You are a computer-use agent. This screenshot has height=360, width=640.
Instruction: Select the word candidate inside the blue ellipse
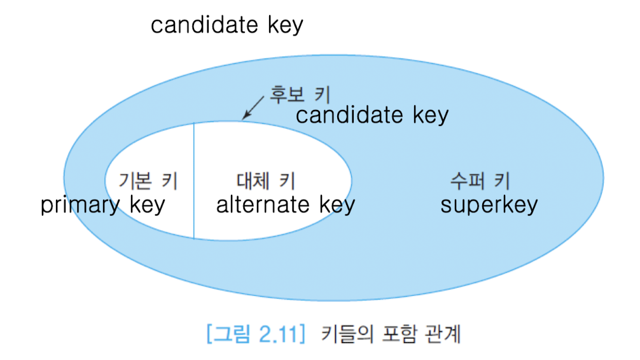(349, 115)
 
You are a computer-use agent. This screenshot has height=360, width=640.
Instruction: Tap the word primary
(80, 205)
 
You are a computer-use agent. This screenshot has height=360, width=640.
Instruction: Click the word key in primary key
(146, 205)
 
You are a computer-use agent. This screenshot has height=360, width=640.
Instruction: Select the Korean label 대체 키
(266, 181)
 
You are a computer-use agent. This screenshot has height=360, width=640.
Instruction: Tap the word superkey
(489, 205)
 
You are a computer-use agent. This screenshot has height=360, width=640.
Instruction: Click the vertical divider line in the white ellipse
(193, 181)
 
